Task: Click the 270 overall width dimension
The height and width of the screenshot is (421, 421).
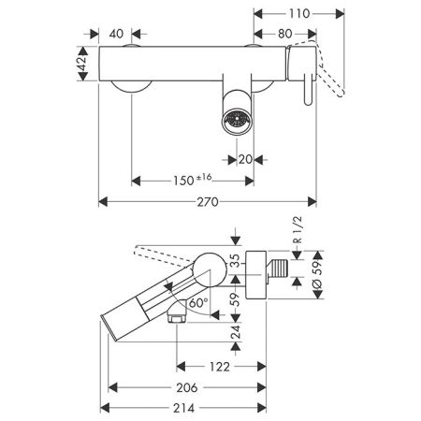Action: [208, 202]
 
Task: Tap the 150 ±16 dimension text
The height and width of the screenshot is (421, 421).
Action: [193, 180]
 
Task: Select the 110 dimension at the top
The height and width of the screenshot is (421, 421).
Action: [299, 14]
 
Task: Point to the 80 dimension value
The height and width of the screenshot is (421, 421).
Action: [284, 34]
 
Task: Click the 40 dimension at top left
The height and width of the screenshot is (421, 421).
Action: [116, 34]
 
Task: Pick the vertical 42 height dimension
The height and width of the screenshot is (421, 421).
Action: [82, 64]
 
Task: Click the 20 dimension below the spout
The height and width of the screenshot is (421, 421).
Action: [245, 160]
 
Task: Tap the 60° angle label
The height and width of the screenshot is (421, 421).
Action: [198, 302]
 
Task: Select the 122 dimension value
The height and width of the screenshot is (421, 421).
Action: [220, 367]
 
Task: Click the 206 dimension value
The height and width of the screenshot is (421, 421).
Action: [187, 387]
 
